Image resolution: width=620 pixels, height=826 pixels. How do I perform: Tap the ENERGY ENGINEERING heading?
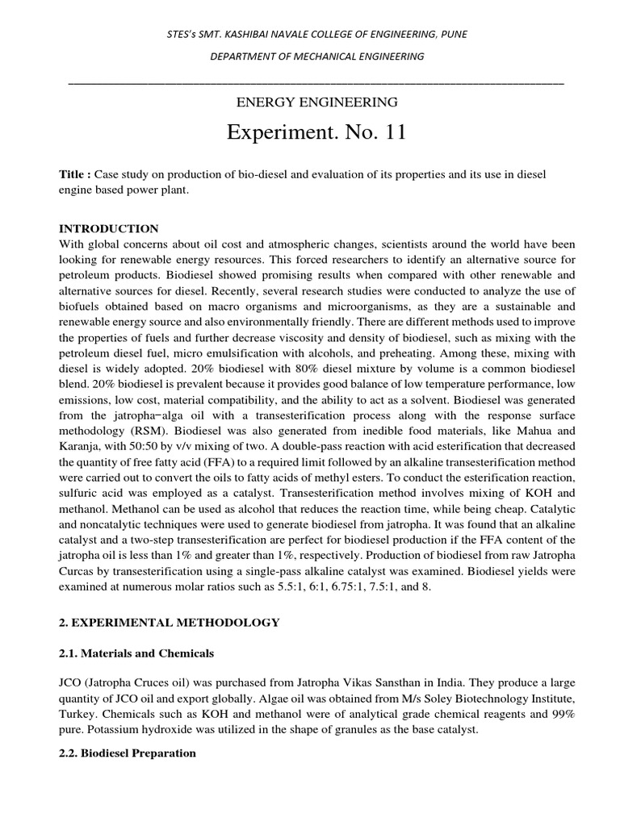pyautogui.click(x=316, y=102)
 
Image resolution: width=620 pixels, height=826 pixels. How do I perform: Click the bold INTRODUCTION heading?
pyautogui.click(x=109, y=229)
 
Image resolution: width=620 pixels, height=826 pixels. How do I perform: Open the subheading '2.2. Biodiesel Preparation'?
pyautogui.click(x=128, y=753)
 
